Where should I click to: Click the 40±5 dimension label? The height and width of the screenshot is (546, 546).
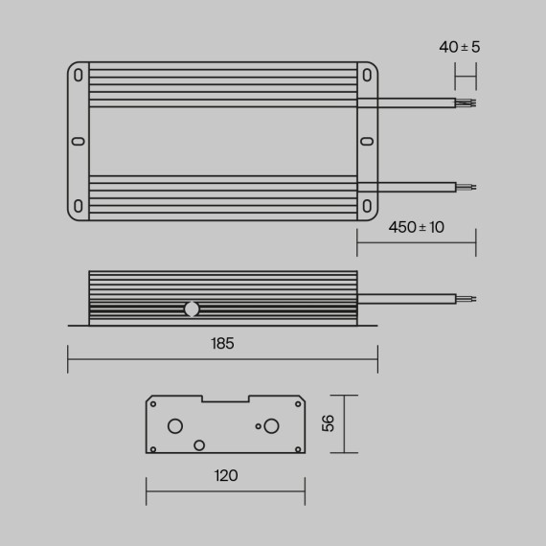(459, 47)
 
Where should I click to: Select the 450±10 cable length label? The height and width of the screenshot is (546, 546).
(417, 227)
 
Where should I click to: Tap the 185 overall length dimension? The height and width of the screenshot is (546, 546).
(222, 343)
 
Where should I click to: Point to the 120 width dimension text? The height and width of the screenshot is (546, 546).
(225, 475)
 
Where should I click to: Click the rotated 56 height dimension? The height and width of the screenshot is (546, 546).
(329, 423)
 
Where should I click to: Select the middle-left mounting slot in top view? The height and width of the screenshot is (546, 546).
(79, 141)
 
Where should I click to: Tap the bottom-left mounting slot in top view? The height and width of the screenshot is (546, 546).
(79, 205)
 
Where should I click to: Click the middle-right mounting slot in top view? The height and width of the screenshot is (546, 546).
(366, 141)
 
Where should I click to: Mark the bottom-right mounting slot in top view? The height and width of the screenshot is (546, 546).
(366, 205)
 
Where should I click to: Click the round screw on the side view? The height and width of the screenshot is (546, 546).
(192, 308)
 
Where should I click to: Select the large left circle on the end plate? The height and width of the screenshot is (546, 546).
(175, 425)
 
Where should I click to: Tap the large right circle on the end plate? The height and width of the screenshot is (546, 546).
(272, 425)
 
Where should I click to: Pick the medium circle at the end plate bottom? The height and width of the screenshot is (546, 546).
(199, 444)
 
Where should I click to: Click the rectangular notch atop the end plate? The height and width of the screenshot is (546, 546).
(225, 399)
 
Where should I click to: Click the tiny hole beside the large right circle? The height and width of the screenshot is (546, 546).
(257, 425)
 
